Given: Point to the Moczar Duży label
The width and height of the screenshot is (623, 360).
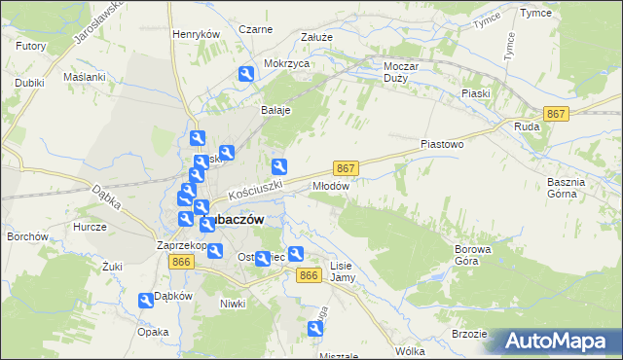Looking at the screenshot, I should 395,71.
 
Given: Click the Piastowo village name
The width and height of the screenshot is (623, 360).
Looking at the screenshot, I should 441,144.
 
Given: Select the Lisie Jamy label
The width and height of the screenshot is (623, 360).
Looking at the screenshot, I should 342,271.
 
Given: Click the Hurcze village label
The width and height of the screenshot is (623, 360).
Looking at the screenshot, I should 89,226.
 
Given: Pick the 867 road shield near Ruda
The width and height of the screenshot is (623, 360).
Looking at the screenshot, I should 556,115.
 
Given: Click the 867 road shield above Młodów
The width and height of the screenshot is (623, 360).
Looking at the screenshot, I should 347,167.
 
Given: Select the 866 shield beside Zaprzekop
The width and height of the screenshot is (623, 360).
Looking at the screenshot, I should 181,262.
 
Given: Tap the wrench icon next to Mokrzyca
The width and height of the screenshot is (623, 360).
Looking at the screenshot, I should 246,73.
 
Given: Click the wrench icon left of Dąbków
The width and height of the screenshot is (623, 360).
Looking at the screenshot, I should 145,302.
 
